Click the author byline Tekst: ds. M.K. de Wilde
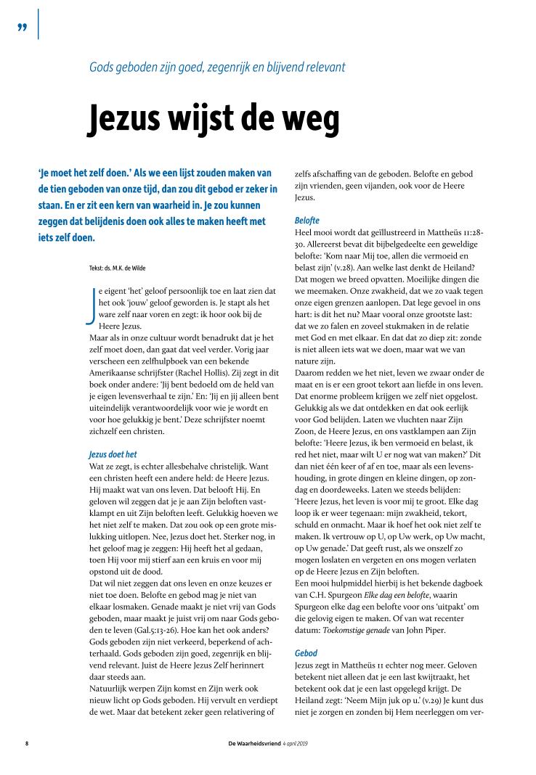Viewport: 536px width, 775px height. [121, 268]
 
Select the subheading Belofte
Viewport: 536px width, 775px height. [307, 219]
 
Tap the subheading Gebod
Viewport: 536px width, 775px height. [306, 653]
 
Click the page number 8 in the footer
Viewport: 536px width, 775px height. [27, 742]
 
